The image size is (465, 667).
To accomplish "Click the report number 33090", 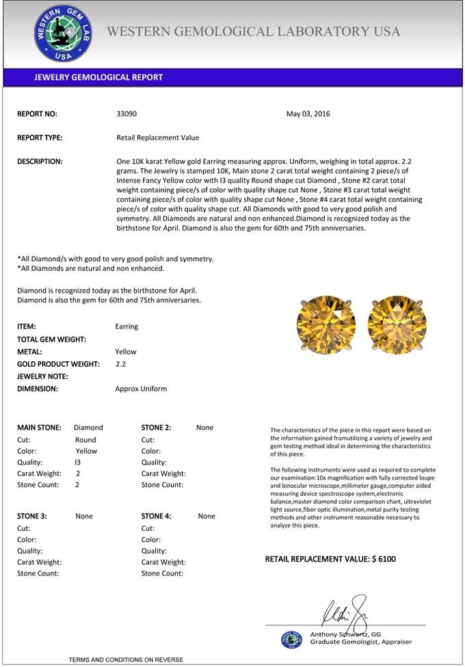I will [x=127, y=114].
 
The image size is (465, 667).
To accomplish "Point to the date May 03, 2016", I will [x=308, y=114].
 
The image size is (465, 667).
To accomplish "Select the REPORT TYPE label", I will [x=40, y=138].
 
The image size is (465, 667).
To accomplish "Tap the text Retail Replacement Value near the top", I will [x=158, y=138].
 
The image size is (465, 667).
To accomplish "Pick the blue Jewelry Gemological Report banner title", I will [x=98, y=77].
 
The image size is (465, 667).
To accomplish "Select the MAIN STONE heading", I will [x=39, y=428].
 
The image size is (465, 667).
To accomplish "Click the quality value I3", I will [x=78, y=462].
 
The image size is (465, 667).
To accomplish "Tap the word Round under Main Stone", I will [x=85, y=440].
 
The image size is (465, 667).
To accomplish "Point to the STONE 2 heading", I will [x=156, y=428].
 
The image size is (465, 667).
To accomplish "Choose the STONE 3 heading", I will [x=31, y=516].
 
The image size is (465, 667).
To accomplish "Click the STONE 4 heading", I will [x=156, y=516].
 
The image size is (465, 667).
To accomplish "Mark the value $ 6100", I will [x=384, y=559].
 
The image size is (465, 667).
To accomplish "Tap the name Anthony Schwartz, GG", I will [x=345, y=634].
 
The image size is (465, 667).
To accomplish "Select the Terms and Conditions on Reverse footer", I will [x=126, y=659].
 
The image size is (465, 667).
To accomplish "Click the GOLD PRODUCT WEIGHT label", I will [x=58, y=364].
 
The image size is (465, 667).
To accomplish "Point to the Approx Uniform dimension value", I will [x=141, y=389].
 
